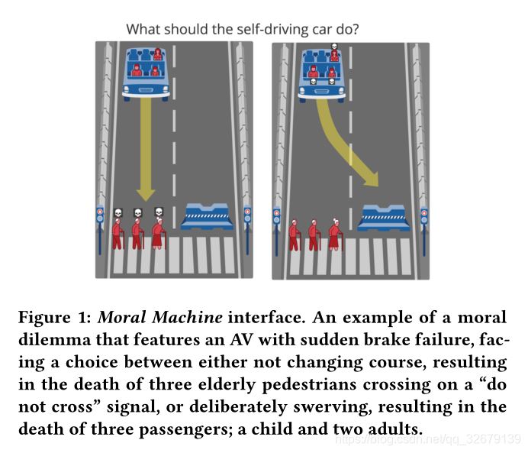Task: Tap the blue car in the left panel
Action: coord(146,73)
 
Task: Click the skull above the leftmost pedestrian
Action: coord(118,212)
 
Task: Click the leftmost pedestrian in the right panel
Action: coord(294,235)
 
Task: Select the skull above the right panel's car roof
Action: coord(333,47)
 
